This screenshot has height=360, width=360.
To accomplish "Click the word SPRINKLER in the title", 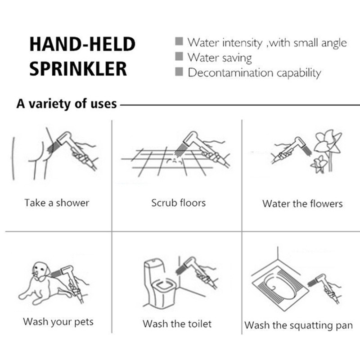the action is [78, 69].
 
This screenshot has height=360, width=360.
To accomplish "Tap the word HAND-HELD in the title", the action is [82, 44].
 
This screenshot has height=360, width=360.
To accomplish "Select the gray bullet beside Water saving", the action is [179, 57].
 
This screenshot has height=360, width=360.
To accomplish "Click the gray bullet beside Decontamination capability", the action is [179, 72].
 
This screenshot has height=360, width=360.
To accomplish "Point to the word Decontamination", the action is [231, 73].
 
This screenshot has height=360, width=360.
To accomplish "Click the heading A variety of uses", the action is [67, 103].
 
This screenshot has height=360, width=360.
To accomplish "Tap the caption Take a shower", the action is [57, 203].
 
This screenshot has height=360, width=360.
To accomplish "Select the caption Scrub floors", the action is [178, 203].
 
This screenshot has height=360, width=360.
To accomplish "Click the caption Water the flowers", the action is [302, 204].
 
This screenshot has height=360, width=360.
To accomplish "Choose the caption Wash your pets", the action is [58, 322].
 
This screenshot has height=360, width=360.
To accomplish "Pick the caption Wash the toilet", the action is [177, 324].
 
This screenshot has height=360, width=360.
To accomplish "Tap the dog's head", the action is [41, 270].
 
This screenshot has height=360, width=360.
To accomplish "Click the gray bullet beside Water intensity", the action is [179, 41].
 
